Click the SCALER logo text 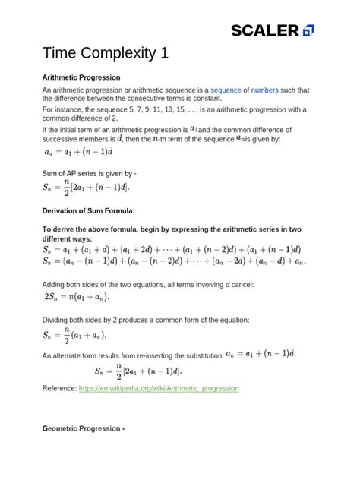pos(265,30)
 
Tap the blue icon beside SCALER pos(308,30)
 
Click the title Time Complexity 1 pos(105,54)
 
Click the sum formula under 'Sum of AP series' pos(85,188)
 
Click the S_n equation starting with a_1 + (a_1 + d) pos(172,248)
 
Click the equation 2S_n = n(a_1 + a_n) pos(77,297)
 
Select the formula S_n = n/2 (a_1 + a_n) pos(74,334)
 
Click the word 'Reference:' pos(59,388)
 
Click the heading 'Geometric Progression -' pos(84,429)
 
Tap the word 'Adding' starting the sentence pos(55,284)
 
